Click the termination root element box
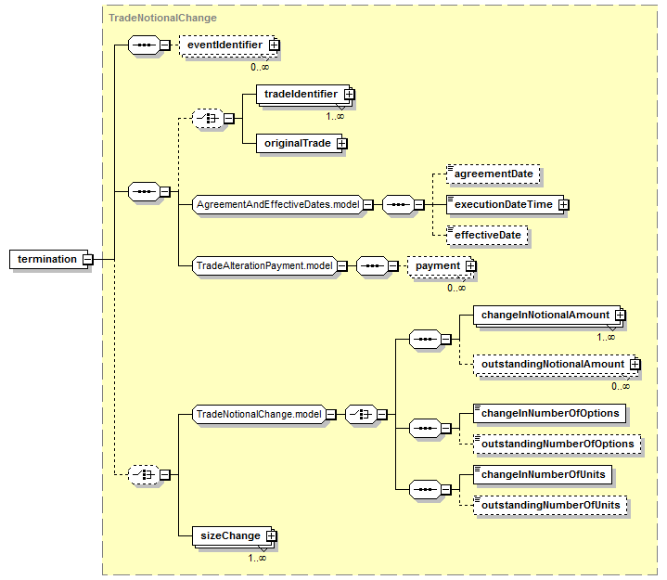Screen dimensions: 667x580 (x=48, y=259)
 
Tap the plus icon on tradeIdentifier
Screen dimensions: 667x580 (x=349, y=94)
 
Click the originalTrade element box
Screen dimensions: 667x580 (x=299, y=144)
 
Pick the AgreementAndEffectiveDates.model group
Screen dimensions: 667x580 (x=277, y=205)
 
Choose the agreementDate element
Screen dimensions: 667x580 (x=493, y=174)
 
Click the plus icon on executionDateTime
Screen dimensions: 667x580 (x=563, y=205)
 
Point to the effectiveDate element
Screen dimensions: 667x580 (x=487, y=235)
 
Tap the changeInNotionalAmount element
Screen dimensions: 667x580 (x=546, y=316)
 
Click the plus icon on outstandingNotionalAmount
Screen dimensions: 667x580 (x=635, y=365)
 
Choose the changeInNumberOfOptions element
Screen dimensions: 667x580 (x=549, y=414)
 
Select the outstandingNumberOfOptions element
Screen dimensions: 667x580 (x=557, y=445)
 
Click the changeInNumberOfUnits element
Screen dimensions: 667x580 (x=543, y=475)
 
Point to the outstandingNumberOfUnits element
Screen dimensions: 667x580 (x=550, y=506)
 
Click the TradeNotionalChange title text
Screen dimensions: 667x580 (x=162, y=18)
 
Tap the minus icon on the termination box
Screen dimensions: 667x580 (x=87, y=259)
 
